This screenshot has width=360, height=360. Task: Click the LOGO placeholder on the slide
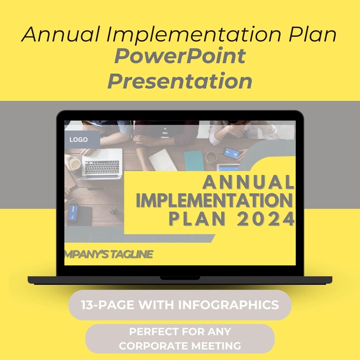(x=79, y=140)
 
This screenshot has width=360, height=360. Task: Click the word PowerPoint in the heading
(x=180, y=56)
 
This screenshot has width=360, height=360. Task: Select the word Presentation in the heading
(x=180, y=81)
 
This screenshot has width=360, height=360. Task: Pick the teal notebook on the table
(x=194, y=160)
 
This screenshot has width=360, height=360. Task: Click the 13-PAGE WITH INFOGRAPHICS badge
(x=180, y=305)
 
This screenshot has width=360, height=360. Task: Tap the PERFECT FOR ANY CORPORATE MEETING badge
(x=180, y=339)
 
